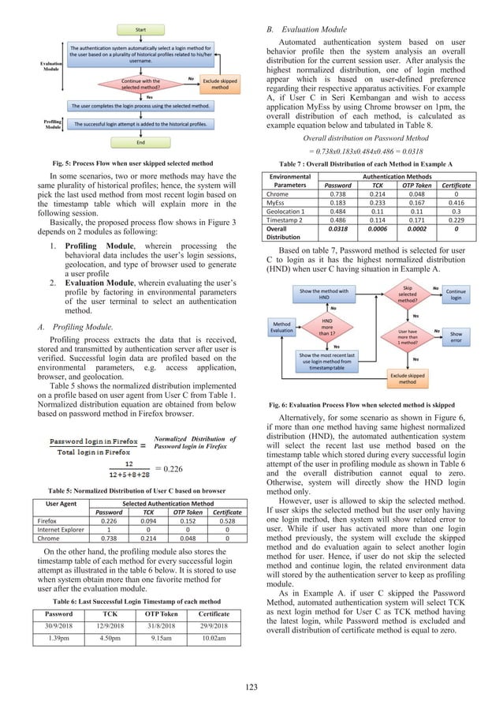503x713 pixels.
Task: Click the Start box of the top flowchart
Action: (x=141, y=29)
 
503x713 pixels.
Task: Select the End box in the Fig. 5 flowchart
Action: (x=141, y=143)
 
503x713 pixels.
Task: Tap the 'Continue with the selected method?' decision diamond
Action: (x=140, y=83)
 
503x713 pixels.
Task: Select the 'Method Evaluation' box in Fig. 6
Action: (x=281, y=348)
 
